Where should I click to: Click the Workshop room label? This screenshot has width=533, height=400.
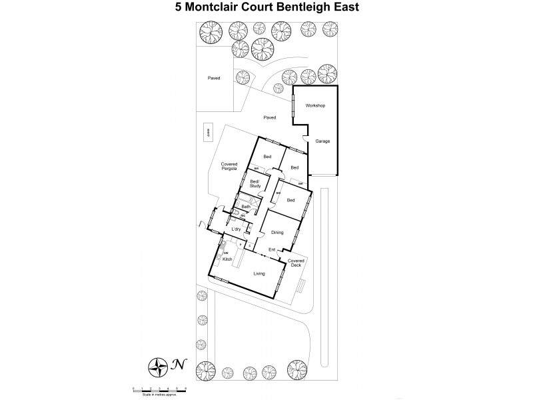tap(314, 106)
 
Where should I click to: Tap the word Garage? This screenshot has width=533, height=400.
tap(322, 141)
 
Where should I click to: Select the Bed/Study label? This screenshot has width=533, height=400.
tap(254, 183)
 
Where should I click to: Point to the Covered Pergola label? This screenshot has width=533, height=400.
tap(229, 167)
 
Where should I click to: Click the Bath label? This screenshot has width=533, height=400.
tap(246, 207)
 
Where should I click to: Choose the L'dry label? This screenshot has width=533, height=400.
tap(235, 229)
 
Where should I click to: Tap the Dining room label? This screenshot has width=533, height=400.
tap(277, 233)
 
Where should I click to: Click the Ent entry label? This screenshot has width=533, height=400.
tap(272, 250)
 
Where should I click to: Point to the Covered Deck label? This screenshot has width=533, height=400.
tap(296, 263)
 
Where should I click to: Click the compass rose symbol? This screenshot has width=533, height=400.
tap(158, 365)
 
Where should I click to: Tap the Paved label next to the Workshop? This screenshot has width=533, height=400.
tap(269, 118)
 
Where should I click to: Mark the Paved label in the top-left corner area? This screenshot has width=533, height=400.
tap(213, 78)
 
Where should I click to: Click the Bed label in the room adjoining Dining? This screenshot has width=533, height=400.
tap(290, 200)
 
